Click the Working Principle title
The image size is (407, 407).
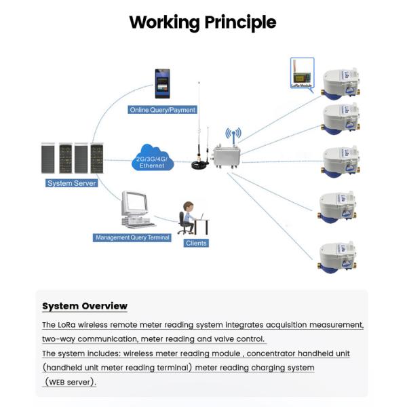pos(203,22)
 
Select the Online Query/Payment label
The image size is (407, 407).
pos(163,110)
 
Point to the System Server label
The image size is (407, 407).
pos(72,183)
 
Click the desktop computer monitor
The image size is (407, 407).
pos(135,203)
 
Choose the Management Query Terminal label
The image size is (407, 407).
pos(132,237)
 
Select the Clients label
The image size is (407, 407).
pos(196,243)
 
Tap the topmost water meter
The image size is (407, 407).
pos(341,83)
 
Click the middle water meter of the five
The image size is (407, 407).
pos(341,160)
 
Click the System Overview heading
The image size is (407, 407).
pos(85,306)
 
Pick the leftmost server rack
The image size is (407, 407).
pos(49,158)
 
